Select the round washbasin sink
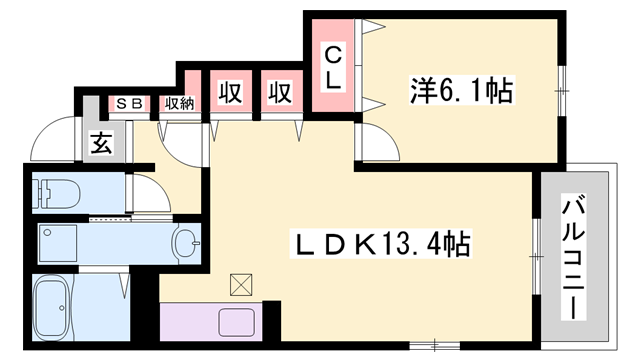pos(185,241)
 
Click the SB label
pos(128,103)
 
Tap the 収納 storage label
pos(178,103)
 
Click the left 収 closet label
pos(230,92)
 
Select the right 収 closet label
pos(279,92)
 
